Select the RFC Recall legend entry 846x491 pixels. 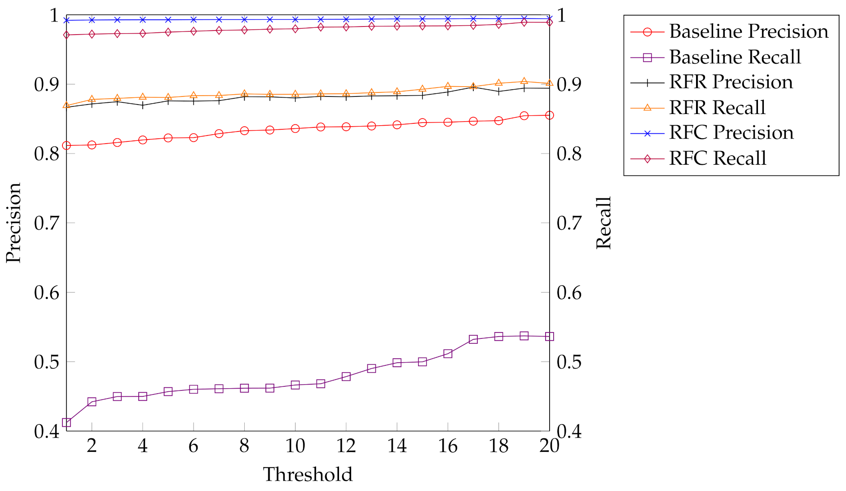click(717, 158)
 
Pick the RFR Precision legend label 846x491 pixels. click(731, 82)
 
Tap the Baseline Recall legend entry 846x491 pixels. click(735, 57)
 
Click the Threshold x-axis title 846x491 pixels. click(308, 474)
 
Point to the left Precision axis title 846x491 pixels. click(13, 223)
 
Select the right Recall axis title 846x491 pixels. click(604, 223)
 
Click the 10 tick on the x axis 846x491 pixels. click(295, 446)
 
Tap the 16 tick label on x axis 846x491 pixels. click(448, 446)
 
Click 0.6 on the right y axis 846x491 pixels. click(569, 292)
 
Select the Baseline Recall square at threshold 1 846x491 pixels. click(66, 422)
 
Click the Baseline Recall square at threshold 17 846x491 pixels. click(473, 339)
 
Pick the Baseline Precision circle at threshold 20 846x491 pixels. click(549, 115)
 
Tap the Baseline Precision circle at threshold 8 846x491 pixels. click(244, 131)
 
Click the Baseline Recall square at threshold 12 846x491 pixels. click(346, 377)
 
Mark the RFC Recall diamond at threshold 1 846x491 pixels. click(66, 35)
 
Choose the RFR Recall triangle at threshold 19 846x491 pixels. click(524, 81)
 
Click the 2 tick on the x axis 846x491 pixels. click(92, 446)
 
